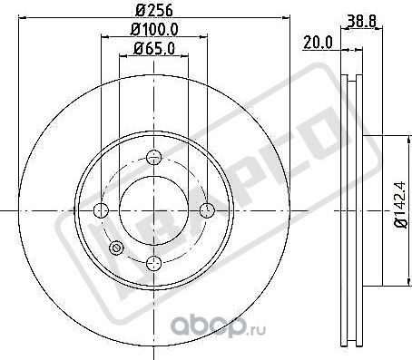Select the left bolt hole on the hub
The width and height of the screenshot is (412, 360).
coord(102,211)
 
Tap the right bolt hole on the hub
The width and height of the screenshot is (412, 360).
coord(206,211)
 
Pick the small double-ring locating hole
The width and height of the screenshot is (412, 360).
coord(115,249)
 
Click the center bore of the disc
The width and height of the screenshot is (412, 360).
coord(153,211)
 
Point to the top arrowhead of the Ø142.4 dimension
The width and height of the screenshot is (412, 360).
coord(385,139)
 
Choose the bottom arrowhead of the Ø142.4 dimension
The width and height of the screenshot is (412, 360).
coord(385,283)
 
